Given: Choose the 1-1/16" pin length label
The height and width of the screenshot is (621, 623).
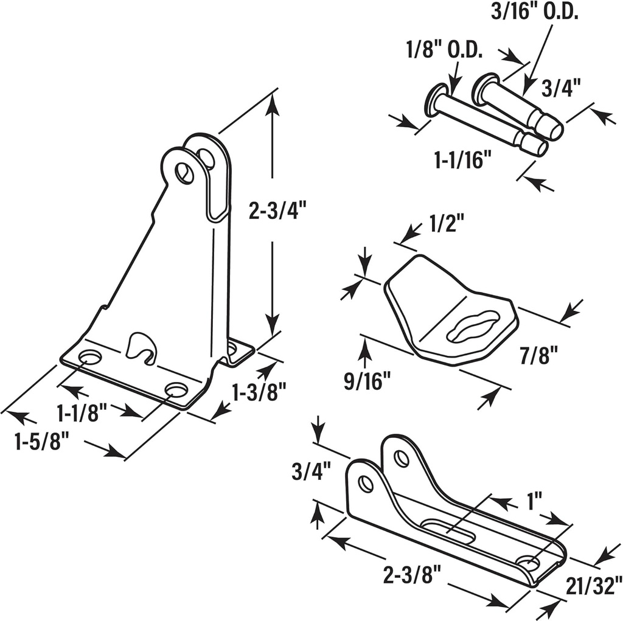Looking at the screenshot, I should (463, 160).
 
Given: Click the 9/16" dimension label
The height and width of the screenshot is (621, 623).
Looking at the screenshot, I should (367, 382).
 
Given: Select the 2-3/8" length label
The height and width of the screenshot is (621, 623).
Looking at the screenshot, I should (411, 574).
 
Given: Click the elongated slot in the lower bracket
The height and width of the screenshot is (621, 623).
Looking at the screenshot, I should (450, 530).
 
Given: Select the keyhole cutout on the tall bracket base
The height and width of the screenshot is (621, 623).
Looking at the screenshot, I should (141, 347).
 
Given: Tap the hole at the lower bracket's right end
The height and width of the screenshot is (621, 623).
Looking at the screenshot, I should (528, 563).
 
